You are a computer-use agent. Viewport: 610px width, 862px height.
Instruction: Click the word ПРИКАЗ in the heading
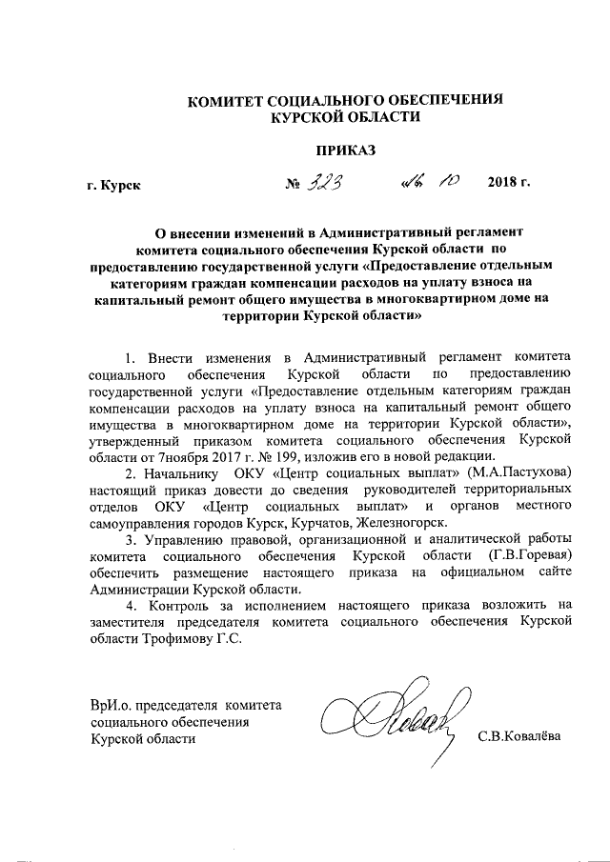[x=346, y=150]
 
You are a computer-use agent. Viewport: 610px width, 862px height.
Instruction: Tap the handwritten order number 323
[x=323, y=181]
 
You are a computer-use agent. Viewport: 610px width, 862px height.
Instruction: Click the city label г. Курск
[x=113, y=185]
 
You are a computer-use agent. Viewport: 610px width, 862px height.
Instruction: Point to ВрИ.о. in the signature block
[x=105, y=705]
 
